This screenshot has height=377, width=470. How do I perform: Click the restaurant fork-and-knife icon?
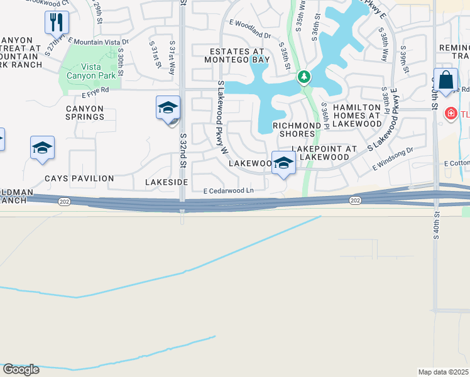click(x=57, y=22)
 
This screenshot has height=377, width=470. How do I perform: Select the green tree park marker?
click(x=304, y=77)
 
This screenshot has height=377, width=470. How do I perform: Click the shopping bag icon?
click(x=445, y=81)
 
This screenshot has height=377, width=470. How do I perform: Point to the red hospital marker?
click(x=451, y=114)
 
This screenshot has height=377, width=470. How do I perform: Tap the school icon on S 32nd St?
click(x=168, y=107)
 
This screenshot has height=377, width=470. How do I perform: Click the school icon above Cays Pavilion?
click(x=42, y=148)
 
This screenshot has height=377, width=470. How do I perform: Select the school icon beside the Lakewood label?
click(x=283, y=163)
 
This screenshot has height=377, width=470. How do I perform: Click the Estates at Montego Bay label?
click(x=237, y=55)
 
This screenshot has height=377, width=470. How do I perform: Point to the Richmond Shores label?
click(x=294, y=129)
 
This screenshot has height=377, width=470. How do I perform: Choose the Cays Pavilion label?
click(x=79, y=178)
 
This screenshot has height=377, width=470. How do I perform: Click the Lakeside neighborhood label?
click(x=167, y=181)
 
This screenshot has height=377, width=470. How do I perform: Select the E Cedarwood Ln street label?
click(x=228, y=190)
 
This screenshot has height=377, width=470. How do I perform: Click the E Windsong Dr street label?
click(x=393, y=159)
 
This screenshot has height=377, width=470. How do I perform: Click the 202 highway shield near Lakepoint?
click(x=355, y=199)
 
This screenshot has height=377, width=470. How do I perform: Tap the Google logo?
click(x=21, y=369)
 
